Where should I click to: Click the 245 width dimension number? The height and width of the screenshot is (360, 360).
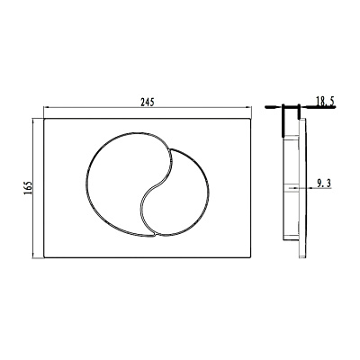click(148, 103)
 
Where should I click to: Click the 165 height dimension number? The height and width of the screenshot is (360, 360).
click(28, 188)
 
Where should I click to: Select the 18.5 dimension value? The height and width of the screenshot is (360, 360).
click(325, 102)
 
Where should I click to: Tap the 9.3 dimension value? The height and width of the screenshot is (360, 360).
click(324, 183)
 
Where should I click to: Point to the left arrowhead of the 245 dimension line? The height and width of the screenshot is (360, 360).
click(47, 107)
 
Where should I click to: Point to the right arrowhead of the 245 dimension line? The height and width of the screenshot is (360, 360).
click(247, 107)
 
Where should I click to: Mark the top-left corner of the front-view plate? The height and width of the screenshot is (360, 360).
click(44, 119)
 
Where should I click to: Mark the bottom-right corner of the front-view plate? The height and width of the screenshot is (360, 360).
click(250, 257)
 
